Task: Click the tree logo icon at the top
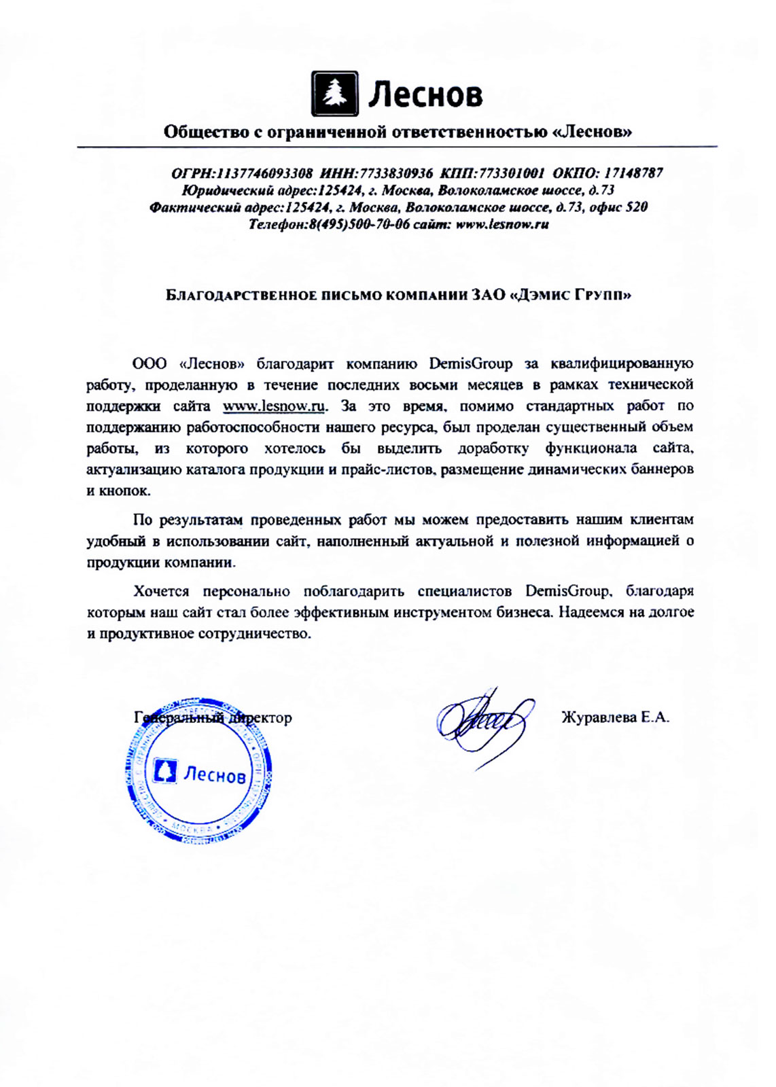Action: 334,94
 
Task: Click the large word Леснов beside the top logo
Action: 425,94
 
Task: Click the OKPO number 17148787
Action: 633,173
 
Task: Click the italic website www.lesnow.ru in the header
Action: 502,224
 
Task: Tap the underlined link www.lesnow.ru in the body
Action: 275,406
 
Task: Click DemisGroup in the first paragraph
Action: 470,364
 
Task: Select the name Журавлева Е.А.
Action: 615,717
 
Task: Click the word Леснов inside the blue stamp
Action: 215,774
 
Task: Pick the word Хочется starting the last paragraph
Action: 161,591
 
